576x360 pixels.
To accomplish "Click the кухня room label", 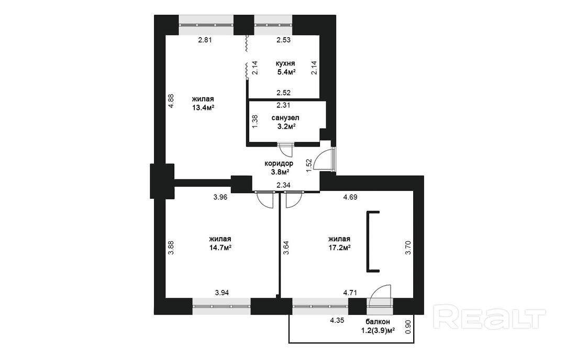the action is coord(285,63).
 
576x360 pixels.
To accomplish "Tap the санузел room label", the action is coord(285,118).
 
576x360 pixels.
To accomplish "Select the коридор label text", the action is coord(279,163).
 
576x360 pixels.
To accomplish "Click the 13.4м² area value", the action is coord(203,107).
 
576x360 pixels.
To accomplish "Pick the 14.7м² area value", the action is coord(220,248).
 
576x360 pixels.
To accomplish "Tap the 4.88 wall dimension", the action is coord(171,102).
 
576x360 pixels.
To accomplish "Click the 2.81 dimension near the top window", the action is coord(205,40).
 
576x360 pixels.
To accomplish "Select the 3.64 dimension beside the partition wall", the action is coord(287,248).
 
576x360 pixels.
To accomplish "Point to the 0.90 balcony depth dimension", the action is coord(407,327).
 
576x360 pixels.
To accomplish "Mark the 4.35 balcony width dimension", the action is coord(337,320).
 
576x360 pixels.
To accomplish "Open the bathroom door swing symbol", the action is coord(285,149).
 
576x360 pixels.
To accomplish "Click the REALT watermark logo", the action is coord(490,318).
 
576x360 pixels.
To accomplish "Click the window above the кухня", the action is coord(274,25).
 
